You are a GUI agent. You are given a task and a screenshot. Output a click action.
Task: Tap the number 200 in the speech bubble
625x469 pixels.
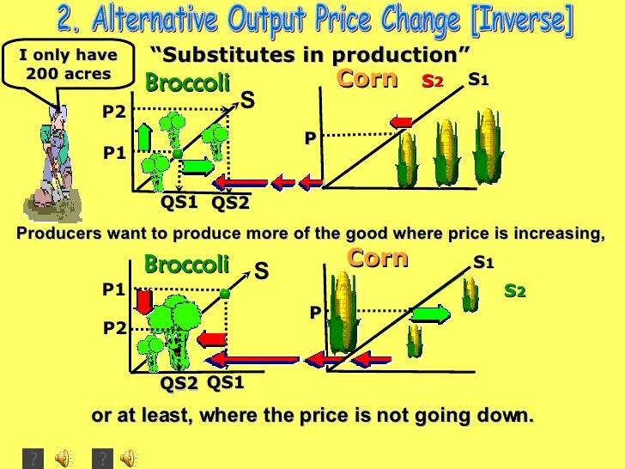pos(42,74)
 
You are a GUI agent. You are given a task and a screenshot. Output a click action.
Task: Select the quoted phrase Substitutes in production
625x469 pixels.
pos(310,57)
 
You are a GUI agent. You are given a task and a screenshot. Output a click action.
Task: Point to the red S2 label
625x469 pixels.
pos(434,82)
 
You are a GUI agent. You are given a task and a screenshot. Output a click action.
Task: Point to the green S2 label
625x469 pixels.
pos(514,292)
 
